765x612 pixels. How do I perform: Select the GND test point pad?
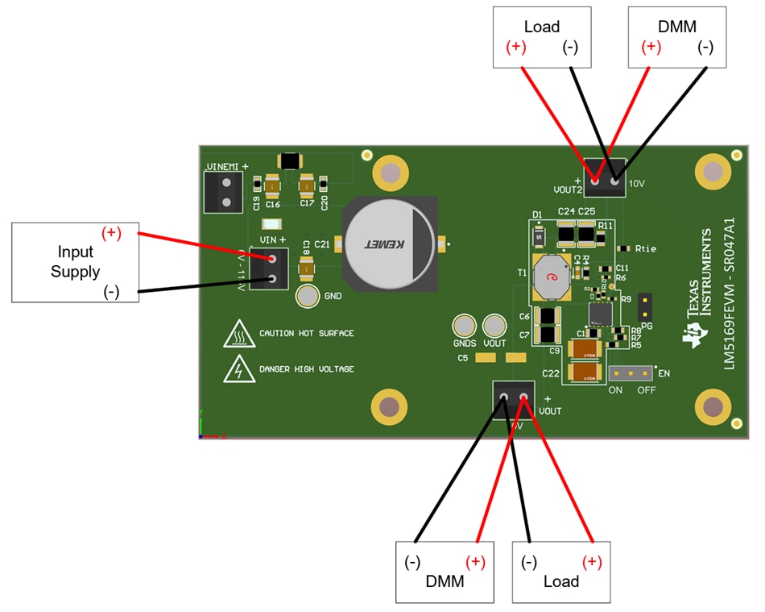pyautogui.click(x=308, y=296)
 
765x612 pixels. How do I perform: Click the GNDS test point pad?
pyautogui.click(x=465, y=327)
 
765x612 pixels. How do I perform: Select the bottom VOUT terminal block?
pyautogui.click(x=513, y=398)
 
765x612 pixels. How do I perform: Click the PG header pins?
pyautogui.click(x=645, y=306)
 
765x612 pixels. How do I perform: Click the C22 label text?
pyautogui.click(x=551, y=373)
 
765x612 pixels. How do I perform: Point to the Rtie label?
pyautogui.click(x=646, y=248)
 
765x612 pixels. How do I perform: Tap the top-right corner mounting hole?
pyautogui.click(x=712, y=172)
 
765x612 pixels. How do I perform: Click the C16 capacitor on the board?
pyautogui.click(x=272, y=187)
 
